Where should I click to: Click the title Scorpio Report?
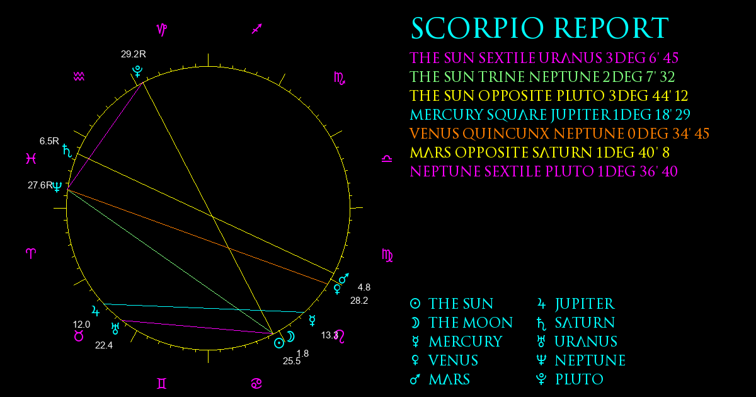pyautogui.click(x=540, y=28)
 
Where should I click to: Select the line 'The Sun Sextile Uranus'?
pyautogui.click(x=197, y=327)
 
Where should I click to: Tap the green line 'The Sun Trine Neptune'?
pyautogui.click(x=170, y=262)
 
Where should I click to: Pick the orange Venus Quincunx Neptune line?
pyautogui.click(x=197, y=237)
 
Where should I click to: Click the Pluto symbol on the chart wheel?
pyautogui.click(x=137, y=72)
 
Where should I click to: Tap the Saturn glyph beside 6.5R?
pyautogui.click(x=67, y=151)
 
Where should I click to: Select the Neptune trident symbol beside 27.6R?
pyautogui.click(x=57, y=187)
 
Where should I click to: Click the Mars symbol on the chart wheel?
pyautogui.click(x=344, y=278)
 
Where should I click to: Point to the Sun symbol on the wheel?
pyautogui.click(x=279, y=343)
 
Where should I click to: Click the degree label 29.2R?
pyautogui.click(x=134, y=54)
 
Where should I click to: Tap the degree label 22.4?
pyautogui.click(x=104, y=345)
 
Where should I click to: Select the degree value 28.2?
pyautogui.click(x=359, y=301)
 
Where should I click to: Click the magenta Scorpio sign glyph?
pyautogui.click(x=340, y=79)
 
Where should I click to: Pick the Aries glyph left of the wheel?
pyautogui.click(x=31, y=253)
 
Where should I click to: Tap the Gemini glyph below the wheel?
pyautogui.click(x=162, y=384)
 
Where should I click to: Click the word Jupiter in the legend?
pyautogui.click(x=585, y=304)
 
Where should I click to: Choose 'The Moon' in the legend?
pyautogui.click(x=471, y=323)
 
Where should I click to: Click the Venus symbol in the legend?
pyautogui.click(x=415, y=360)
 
